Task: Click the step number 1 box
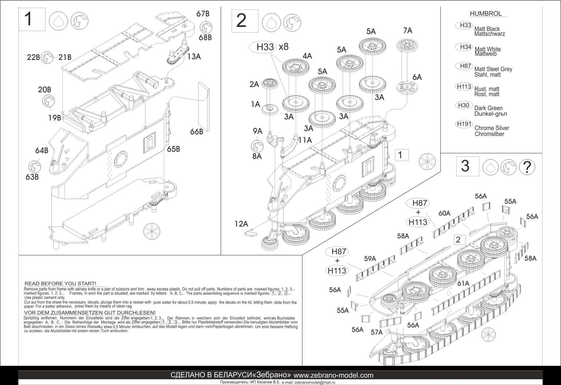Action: tap(32, 19)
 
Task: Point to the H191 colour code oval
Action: tap(464, 124)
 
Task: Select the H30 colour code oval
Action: tap(464, 105)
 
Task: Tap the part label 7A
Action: tap(407, 30)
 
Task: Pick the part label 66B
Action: tap(197, 132)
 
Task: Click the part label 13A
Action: tap(194, 56)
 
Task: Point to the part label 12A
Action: tap(242, 223)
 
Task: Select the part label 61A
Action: tap(463, 283)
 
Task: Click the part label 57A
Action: tap(376, 332)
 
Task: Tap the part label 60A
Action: tap(444, 213)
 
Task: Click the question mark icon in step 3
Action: tap(527, 167)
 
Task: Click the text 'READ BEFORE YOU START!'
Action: tap(60, 284)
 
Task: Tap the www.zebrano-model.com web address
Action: tap(333, 375)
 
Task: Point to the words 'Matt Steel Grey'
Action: tap(493, 69)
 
